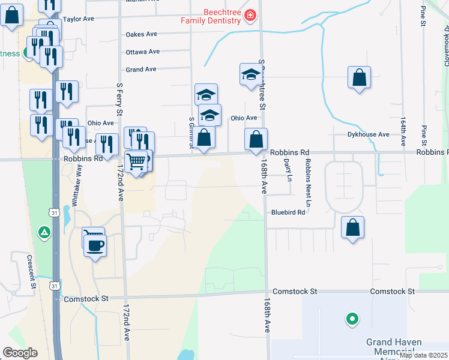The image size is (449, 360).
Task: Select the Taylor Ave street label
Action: point(79,19)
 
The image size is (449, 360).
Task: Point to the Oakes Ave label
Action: point(141,35)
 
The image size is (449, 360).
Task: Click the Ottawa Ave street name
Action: point(143,52)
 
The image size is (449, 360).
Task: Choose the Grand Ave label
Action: point(141,70)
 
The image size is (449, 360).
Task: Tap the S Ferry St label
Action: point(119,98)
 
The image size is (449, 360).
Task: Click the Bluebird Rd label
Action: point(288,212)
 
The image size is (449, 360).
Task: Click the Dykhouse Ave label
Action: point(369,134)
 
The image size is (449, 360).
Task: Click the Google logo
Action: point(20,352)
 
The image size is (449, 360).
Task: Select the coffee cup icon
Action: point(95,245)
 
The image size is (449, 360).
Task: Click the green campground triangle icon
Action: point(44,232)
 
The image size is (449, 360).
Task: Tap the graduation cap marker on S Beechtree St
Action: point(250,75)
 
